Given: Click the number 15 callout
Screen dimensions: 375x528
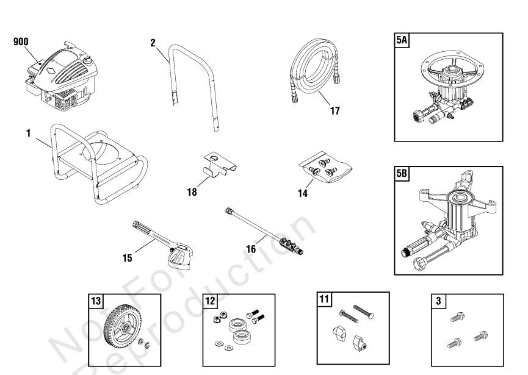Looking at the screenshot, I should click(127, 258).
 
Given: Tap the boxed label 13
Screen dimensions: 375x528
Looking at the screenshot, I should click(96, 301).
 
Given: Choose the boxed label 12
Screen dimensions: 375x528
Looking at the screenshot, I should click(211, 301).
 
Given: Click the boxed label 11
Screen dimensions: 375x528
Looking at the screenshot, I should click(324, 299).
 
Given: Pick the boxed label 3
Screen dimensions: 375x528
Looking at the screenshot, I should click(438, 301).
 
